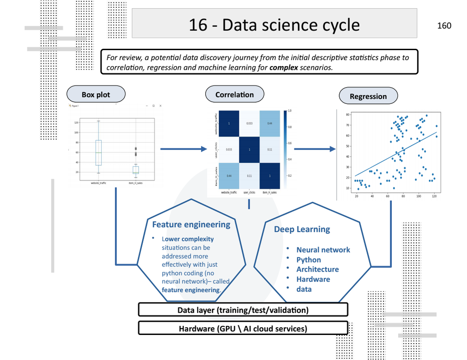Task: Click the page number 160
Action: coord(444,26)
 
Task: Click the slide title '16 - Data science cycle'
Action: coord(274,25)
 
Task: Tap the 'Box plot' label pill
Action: coord(96,95)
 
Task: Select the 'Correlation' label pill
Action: coord(234,95)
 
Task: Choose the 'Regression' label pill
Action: coord(368,96)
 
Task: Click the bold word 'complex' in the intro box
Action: coord(284,67)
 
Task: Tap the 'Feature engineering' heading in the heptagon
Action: coord(191,224)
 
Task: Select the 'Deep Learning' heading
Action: coord(302,229)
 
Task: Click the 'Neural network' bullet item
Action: coord(323,250)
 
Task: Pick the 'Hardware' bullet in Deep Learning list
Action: coord(313,279)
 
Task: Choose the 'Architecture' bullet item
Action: coord(317,269)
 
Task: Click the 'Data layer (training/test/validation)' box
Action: coord(243,310)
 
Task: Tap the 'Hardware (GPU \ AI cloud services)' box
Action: coord(243,329)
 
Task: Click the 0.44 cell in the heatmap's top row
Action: coord(270,123)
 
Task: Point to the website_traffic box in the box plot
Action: coord(99,153)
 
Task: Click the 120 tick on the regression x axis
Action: coord(434,196)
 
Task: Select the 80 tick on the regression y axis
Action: coord(348,115)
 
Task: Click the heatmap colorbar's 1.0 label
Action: coord(290,111)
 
